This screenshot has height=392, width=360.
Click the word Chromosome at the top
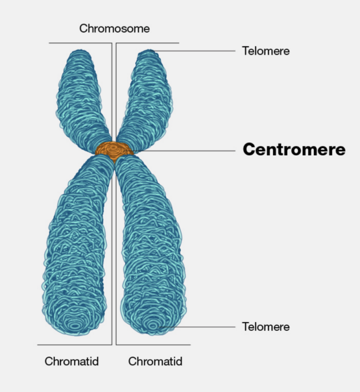(x=114, y=29)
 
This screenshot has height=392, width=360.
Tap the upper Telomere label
(x=266, y=51)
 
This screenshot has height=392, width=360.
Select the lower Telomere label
(x=266, y=327)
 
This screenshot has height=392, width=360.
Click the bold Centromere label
(x=294, y=150)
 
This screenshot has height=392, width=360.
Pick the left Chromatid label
(x=71, y=362)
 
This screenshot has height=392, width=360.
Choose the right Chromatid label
(x=155, y=362)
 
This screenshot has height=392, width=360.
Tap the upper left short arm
(x=82, y=97)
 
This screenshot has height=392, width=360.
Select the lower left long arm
(x=77, y=245)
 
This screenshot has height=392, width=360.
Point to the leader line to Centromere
(x=184, y=151)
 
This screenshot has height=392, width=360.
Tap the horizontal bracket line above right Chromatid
(x=153, y=345)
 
